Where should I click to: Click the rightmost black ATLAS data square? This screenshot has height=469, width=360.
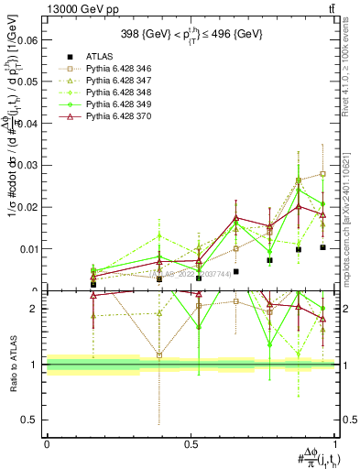(x=322, y=247)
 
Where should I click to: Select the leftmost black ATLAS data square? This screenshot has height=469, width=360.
(x=93, y=284)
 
